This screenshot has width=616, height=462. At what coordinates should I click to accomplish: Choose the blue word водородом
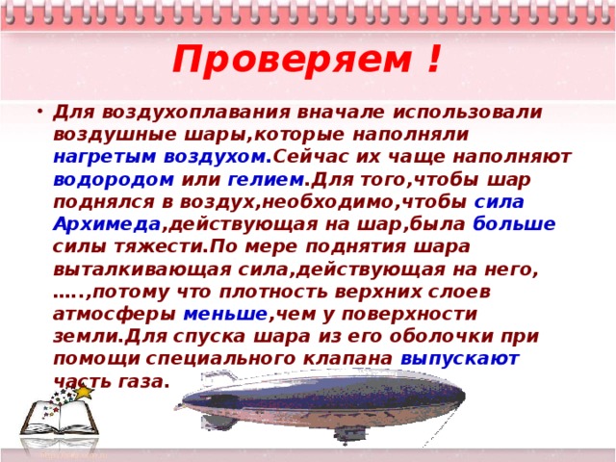point(114,179)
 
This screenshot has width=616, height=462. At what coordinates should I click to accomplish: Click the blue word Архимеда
point(107,223)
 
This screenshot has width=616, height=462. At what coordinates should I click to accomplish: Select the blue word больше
point(514,223)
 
